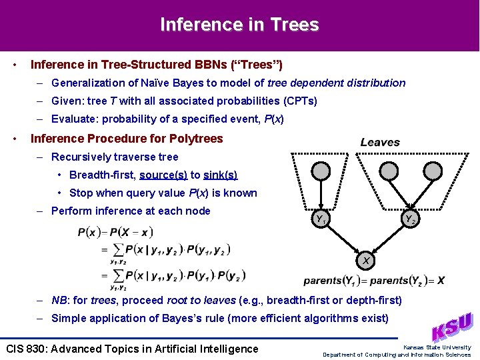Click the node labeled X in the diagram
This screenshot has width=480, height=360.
click(366, 260)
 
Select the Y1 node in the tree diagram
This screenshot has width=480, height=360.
click(321, 219)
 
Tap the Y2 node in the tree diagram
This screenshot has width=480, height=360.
click(410, 219)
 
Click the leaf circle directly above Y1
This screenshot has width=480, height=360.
click(321, 172)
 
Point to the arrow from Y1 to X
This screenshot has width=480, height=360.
click(343, 239)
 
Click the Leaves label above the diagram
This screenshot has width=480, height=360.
click(380, 142)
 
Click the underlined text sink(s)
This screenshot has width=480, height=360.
click(221, 175)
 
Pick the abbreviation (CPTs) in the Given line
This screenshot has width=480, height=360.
click(300, 101)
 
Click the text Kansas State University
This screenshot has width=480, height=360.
click(437, 347)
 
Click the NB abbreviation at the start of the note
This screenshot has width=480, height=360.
click(59, 300)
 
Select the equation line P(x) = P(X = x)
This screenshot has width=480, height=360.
click(115, 233)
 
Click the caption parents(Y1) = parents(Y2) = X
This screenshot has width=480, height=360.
click(374, 281)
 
